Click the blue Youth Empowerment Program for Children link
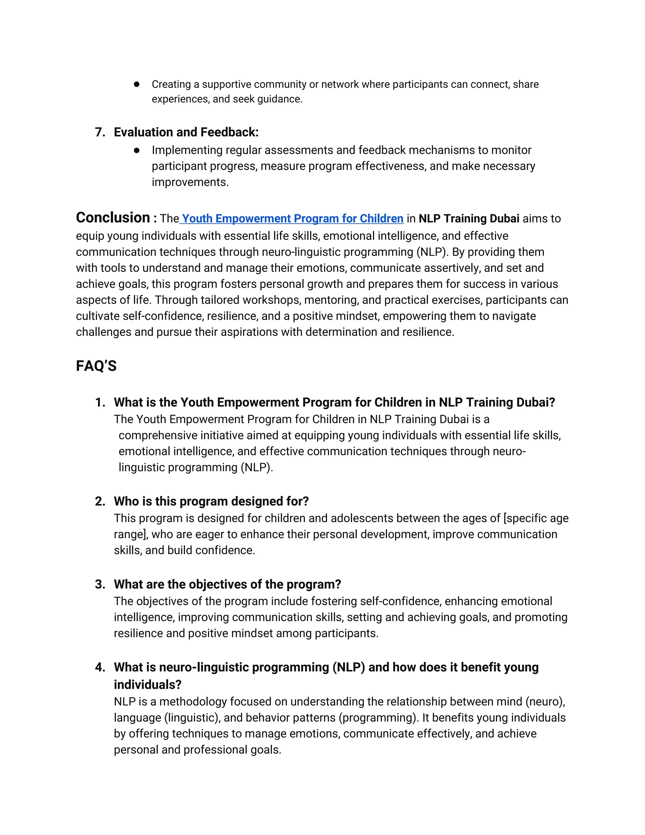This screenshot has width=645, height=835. [x=292, y=218]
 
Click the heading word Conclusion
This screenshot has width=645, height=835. [x=113, y=217]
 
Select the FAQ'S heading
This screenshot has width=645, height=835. [x=96, y=366]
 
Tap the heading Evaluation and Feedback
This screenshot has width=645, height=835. [x=186, y=132]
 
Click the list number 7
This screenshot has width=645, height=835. [x=100, y=132]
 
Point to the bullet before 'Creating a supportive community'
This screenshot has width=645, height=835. [x=136, y=84]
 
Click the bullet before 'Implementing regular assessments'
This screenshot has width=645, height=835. [x=136, y=150]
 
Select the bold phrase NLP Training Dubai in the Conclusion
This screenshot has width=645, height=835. [x=469, y=218]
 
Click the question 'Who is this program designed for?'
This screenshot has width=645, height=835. [x=211, y=501]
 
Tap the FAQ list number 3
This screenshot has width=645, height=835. [x=100, y=584]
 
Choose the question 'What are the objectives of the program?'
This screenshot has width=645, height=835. [x=227, y=584]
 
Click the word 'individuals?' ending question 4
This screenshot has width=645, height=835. [x=147, y=684]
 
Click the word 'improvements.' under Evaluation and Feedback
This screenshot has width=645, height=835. [x=190, y=182]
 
